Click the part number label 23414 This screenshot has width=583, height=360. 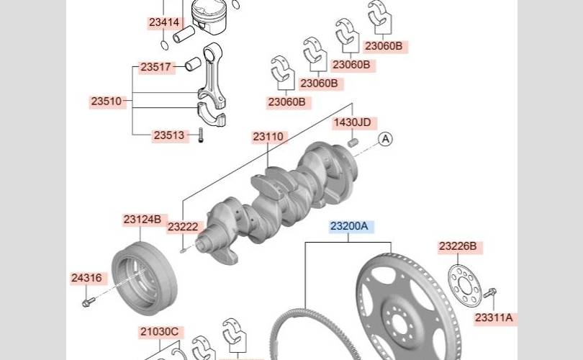[164, 23]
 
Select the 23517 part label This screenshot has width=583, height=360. [156, 67]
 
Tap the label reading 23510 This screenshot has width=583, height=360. [107, 101]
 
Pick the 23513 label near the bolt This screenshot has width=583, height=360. [169, 135]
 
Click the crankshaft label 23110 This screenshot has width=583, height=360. [268, 137]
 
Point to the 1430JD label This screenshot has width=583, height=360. [353, 122]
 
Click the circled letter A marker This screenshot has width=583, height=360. [386, 139]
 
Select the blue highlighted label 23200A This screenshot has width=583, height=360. [350, 226]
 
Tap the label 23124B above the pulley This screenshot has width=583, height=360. [143, 220]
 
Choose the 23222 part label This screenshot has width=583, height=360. [184, 227]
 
